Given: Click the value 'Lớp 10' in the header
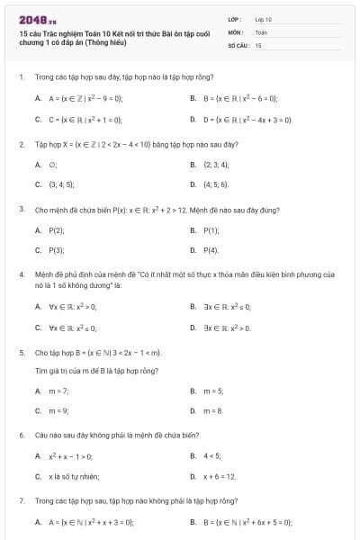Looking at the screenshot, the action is coord(264,18).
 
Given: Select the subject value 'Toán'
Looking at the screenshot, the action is coord(261,31).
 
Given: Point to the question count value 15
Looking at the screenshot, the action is coord(258,44).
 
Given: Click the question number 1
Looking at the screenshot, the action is coord(21,77).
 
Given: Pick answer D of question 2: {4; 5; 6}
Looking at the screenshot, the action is coord(216,184).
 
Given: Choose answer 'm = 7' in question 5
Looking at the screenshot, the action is coord(58,391).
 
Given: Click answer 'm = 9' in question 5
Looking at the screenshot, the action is coord(58,410).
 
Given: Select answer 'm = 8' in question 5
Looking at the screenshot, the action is coord(213,410).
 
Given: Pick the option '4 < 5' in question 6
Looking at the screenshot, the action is coord(212,456).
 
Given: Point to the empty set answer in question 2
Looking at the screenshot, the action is coord(53,165).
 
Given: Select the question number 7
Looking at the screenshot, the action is coord(21,499).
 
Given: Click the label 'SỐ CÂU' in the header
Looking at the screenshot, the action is coord(237,44).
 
